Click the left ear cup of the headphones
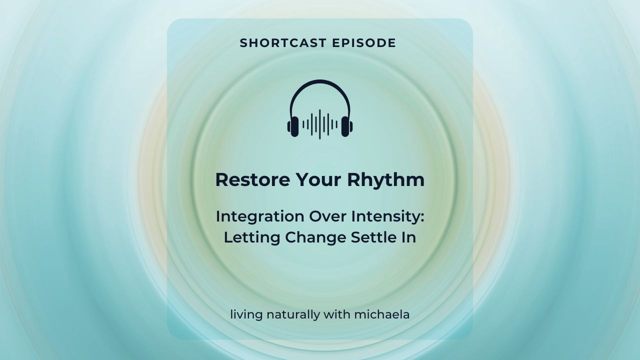click(x=293, y=125)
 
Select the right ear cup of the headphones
click(x=346, y=125)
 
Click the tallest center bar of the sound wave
click(x=320, y=124)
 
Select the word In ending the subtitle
click(x=409, y=237)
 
